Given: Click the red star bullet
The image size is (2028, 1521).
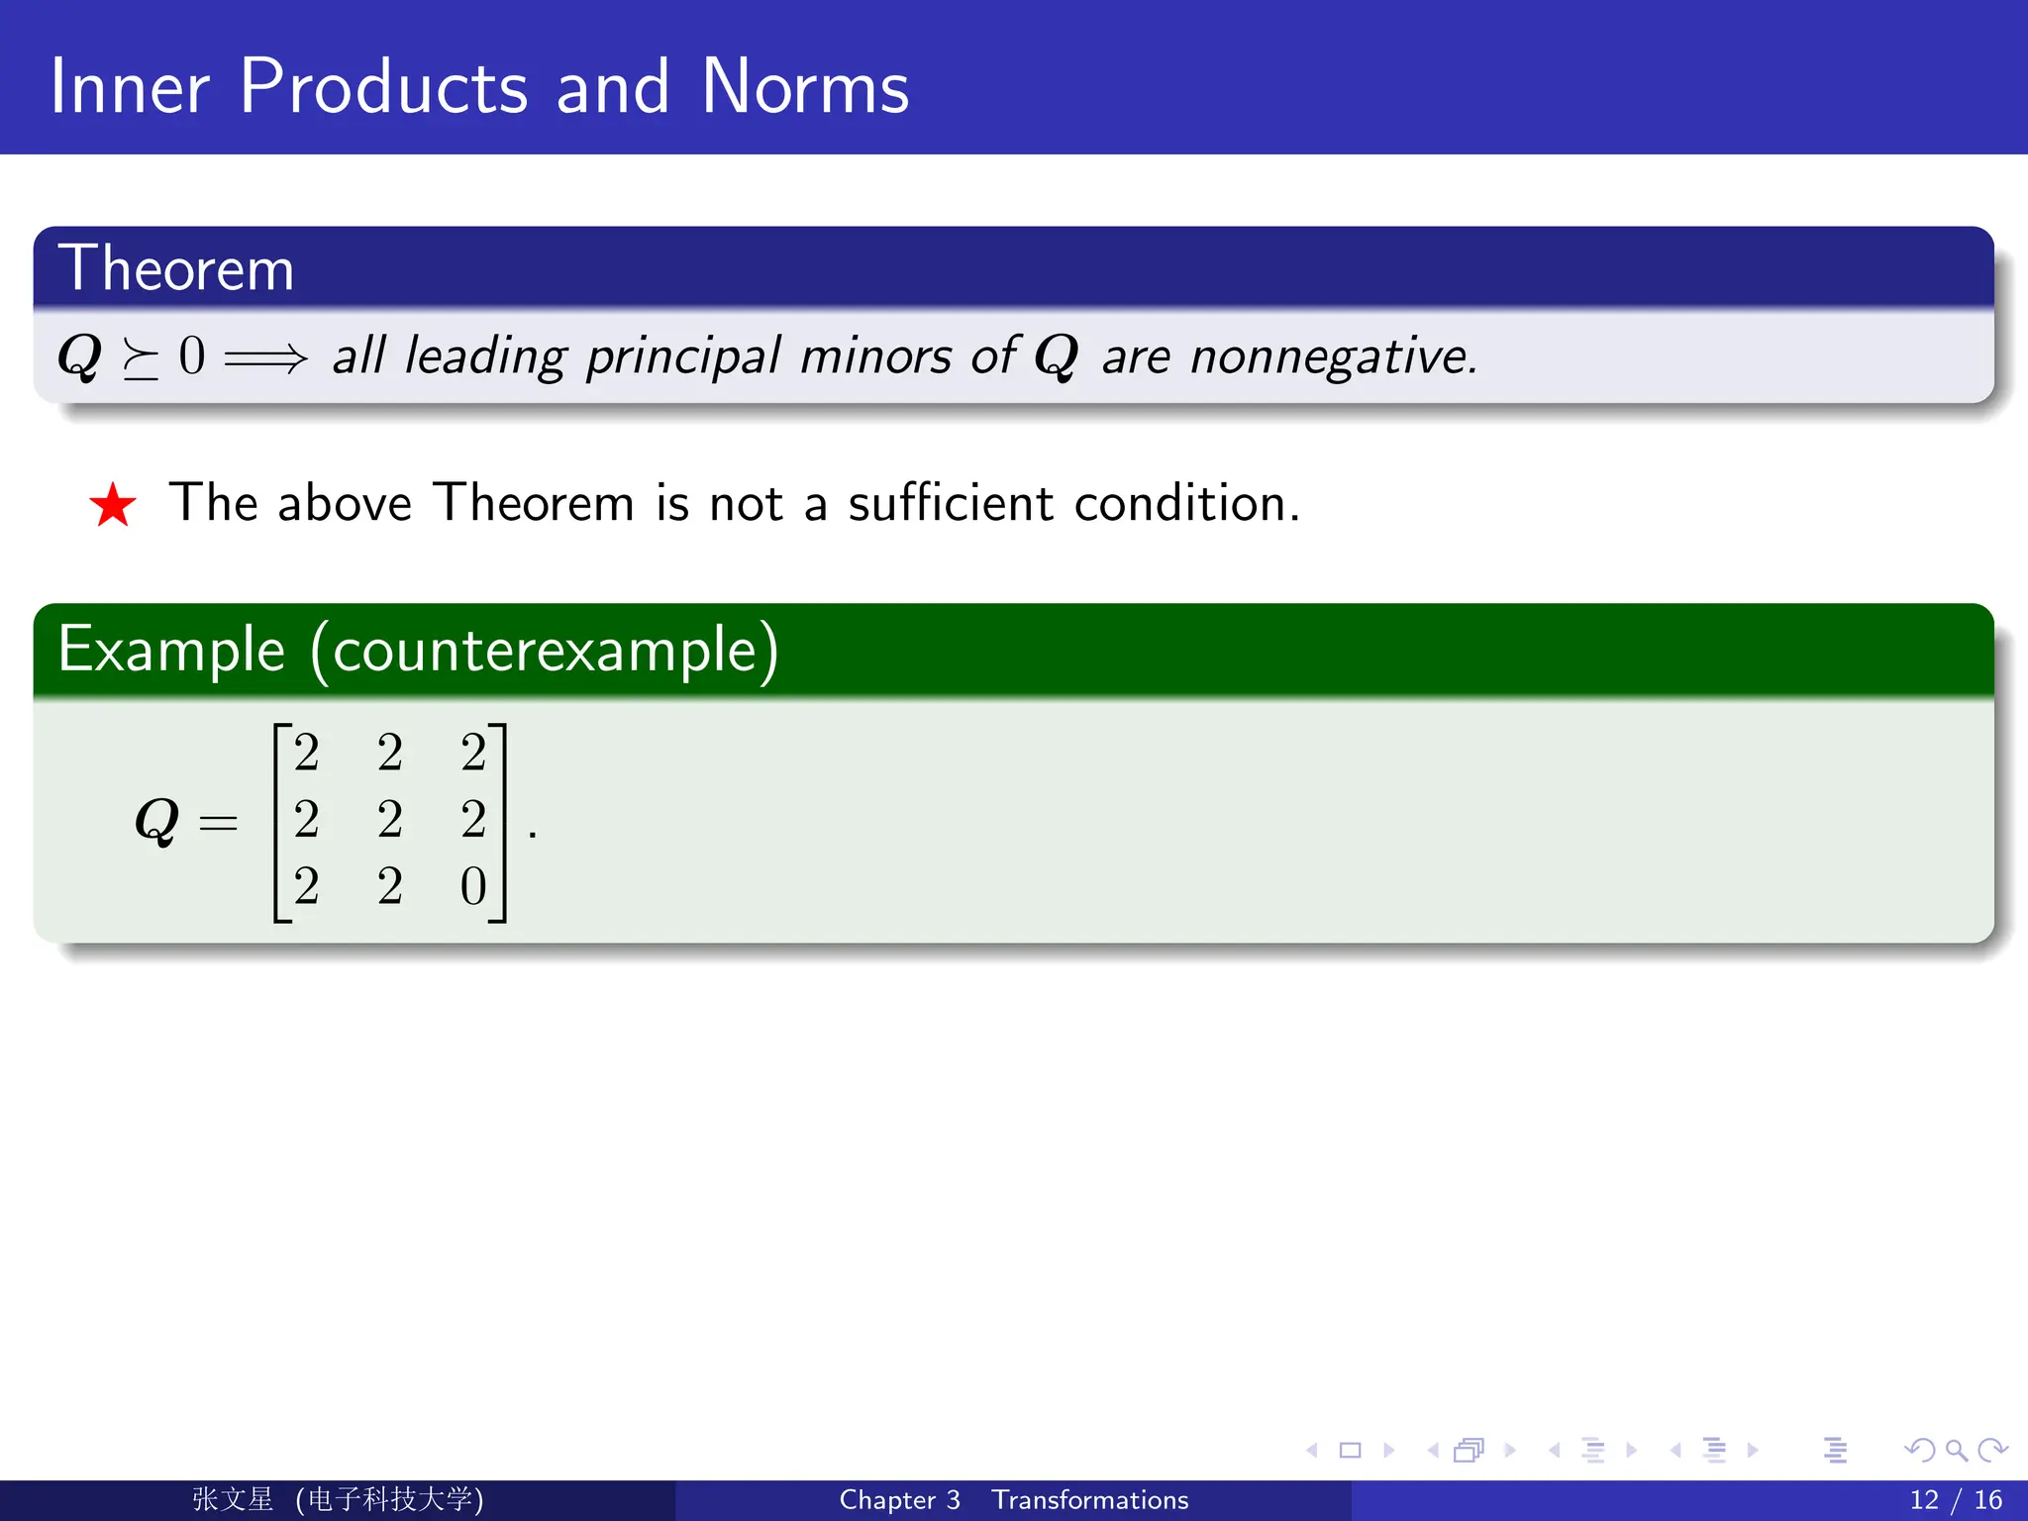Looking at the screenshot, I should tap(113, 505).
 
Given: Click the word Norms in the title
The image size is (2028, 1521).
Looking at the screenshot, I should tap(804, 87).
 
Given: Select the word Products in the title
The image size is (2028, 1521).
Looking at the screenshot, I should tap(383, 87).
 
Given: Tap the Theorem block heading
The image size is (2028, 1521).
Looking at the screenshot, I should tap(176, 268).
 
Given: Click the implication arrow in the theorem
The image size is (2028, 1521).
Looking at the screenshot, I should tap(265, 357).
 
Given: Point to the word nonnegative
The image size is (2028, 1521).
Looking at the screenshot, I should tap(1333, 356).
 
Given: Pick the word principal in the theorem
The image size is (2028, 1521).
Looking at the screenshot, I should tap(683, 356).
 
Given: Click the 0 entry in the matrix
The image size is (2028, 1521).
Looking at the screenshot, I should tap(473, 886).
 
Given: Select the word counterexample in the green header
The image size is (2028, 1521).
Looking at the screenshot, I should tap(545, 651).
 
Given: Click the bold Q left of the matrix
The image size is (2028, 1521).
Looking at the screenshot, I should tap(156, 822).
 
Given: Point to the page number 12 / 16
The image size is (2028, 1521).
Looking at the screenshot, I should tap(1955, 1500).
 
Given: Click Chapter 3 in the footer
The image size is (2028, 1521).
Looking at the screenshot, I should tap(899, 1500).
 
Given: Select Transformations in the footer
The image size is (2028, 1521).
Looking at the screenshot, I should tap(1089, 1500).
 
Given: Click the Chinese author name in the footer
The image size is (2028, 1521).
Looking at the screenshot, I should tap(233, 1499).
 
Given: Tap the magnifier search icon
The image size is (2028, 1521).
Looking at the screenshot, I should tap(1956, 1451).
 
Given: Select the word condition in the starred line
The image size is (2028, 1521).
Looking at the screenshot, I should tap(1185, 503).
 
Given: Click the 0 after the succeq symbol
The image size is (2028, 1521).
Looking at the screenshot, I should tap(192, 356).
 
